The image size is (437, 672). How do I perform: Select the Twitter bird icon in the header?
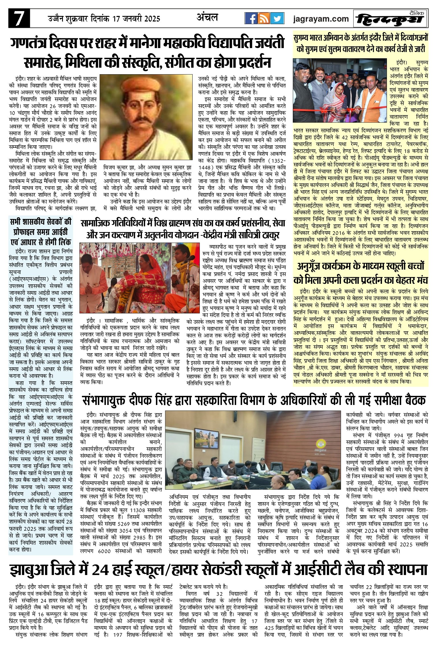pos(277,18)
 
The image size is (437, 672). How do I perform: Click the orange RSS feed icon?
pos(264,18)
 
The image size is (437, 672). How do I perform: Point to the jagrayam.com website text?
pos(321,19)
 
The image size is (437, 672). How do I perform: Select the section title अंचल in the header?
pos(207,18)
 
